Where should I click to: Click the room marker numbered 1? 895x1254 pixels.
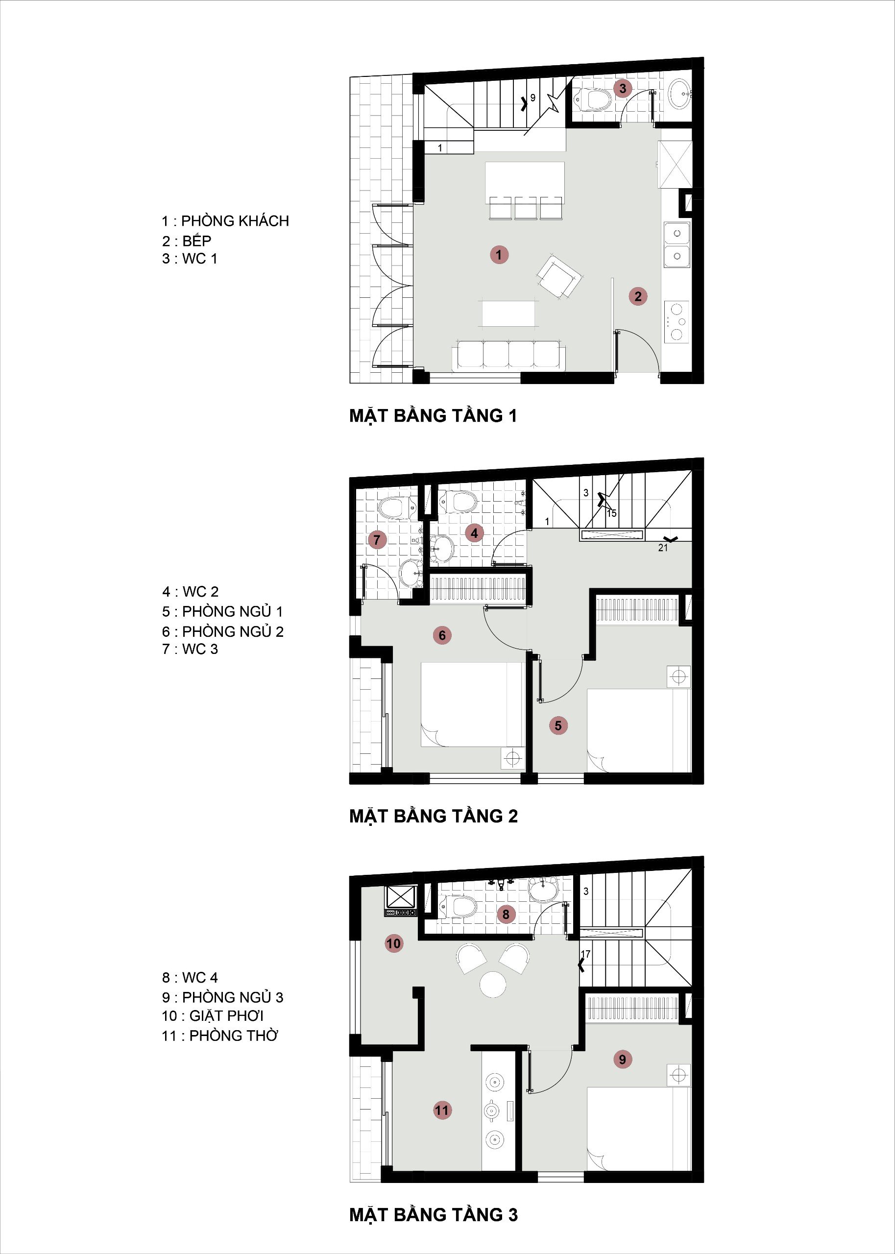click(x=499, y=255)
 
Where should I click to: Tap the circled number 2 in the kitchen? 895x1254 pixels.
click(x=638, y=296)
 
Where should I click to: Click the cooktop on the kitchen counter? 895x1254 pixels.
click(x=676, y=322)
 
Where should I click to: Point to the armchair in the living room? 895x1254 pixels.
click(x=559, y=277)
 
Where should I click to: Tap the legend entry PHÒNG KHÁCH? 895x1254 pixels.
click(x=235, y=221)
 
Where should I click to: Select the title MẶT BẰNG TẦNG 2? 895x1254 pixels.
click(x=434, y=816)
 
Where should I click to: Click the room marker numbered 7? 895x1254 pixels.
click(x=377, y=539)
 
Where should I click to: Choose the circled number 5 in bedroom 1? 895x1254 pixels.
click(x=557, y=725)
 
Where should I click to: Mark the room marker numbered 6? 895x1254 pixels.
click(x=442, y=635)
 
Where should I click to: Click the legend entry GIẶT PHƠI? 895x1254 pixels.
click(x=226, y=1015)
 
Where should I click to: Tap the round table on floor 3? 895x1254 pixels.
click(x=493, y=984)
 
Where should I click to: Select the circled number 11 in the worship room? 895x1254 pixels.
click(x=442, y=1110)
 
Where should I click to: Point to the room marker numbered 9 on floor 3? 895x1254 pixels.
click(x=622, y=1059)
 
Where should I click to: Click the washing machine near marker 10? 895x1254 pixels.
click(x=400, y=896)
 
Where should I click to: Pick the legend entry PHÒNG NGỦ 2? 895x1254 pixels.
click(x=233, y=631)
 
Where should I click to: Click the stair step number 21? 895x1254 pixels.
click(x=662, y=548)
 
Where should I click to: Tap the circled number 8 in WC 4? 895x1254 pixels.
click(x=506, y=915)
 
